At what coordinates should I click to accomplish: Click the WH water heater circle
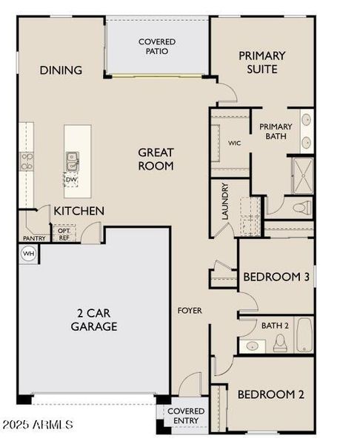[x=28, y=253]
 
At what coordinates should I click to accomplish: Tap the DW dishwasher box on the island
[x=70, y=180]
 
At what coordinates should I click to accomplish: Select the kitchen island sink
[x=73, y=161]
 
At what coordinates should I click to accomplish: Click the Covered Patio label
[x=157, y=47]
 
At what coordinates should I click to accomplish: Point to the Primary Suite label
[x=261, y=62]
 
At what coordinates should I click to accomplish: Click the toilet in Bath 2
[x=280, y=343]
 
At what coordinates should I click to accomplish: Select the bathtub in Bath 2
[x=304, y=335]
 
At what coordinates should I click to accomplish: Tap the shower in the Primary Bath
[x=303, y=175]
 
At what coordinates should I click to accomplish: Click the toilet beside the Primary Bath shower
[x=302, y=207]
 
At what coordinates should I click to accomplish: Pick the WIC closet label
[x=234, y=143]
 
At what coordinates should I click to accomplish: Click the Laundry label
[x=224, y=201]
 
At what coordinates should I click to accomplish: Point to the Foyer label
[x=190, y=311]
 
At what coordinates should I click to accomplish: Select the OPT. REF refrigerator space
[x=64, y=234]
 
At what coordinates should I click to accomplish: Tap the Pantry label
[x=34, y=238]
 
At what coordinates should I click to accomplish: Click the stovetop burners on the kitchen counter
[x=27, y=161]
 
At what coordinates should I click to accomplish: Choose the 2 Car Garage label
[x=94, y=320]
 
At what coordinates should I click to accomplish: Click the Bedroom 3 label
[x=276, y=277]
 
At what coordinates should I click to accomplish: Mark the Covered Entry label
[x=186, y=416]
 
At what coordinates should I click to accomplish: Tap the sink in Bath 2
[x=252, y=346]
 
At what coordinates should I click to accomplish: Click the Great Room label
[x=156, y=159]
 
